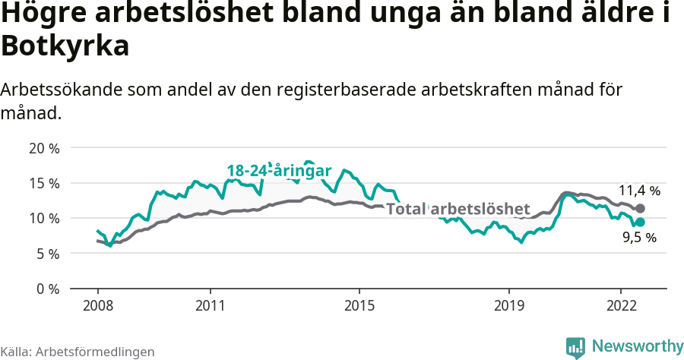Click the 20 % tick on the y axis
click(44, 148)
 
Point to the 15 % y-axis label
click(44, 183)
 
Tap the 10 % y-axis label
click(44, 219)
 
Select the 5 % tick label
click(47, 254)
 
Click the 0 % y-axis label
click(47, 289)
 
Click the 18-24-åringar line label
click(279, 171)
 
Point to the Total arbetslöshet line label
click(458, 209)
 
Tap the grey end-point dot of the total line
click(640, 208)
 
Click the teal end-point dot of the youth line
click(640, 222)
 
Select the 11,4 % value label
click(638, 191)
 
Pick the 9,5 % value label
click(638, 238)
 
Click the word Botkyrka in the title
click(65, 46)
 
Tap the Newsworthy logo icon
click(575, 347)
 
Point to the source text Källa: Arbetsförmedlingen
click(78, 352)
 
